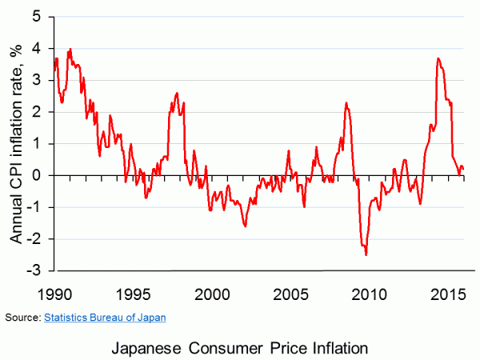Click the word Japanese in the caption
[x=150, y=348]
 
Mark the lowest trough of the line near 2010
[x=366, y=254]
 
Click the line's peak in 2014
[x=438, y=58]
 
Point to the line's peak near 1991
[x=70, y=49]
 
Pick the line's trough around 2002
[x=245, y=226]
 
